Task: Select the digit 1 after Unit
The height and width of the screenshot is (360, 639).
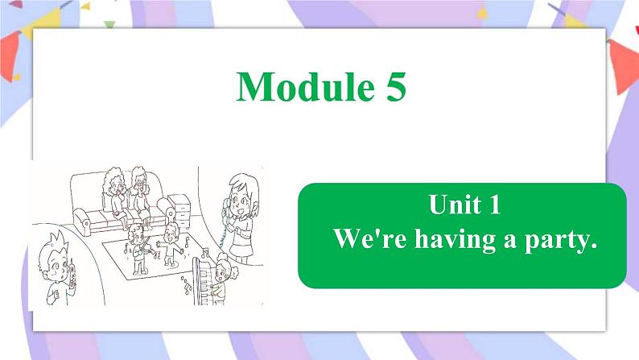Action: point(494,206)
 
